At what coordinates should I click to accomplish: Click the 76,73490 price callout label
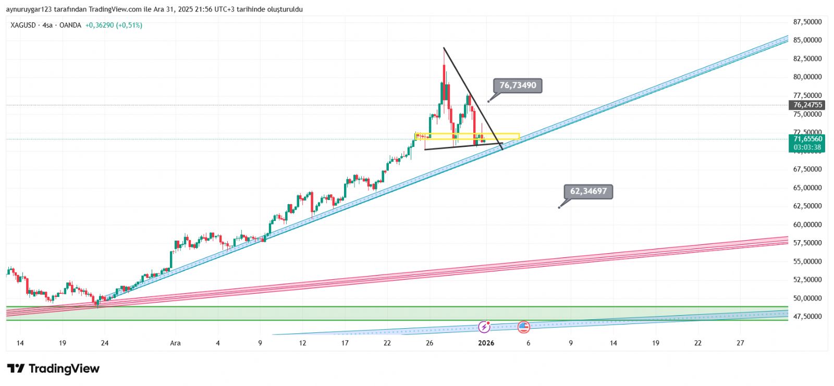518,85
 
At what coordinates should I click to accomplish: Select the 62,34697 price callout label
588,191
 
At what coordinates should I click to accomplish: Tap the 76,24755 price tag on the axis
807,105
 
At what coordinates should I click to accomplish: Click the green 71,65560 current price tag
807,139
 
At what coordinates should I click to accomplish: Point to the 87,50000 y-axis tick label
807,22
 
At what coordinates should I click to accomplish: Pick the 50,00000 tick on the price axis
807,298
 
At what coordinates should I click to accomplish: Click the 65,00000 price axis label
807,188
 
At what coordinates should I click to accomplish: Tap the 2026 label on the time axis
486,343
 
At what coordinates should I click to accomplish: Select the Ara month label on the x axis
176,343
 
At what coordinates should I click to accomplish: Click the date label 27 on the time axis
740,343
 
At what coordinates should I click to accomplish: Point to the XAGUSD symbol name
23,25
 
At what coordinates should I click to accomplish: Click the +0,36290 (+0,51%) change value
114,25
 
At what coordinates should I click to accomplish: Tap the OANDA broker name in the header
70,25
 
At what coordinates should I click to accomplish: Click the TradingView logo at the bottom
53,369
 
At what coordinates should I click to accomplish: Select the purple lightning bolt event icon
485,327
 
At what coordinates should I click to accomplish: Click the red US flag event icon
524,327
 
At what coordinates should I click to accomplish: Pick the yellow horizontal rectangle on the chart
467,136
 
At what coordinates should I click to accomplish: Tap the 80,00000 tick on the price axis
807,77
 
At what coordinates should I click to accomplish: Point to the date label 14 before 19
20,343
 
